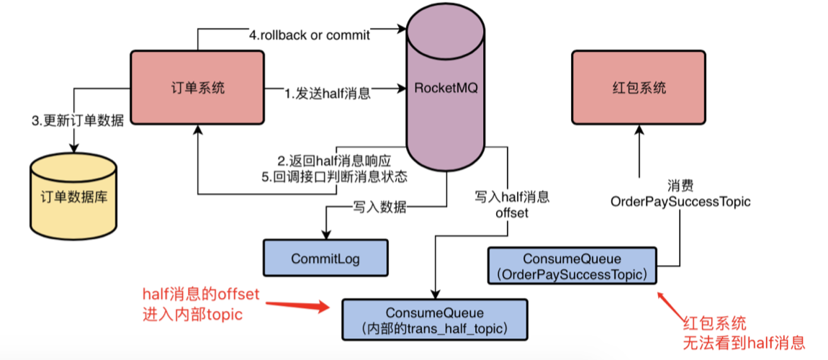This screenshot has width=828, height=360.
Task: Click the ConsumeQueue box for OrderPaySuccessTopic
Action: (572, 266)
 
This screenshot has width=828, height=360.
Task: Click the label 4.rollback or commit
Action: (310, 35)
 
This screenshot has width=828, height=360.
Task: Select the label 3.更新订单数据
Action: (78, 121)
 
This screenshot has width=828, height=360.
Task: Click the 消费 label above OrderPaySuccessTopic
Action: (680, 185)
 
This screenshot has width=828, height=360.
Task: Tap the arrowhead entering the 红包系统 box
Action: (638, 130)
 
